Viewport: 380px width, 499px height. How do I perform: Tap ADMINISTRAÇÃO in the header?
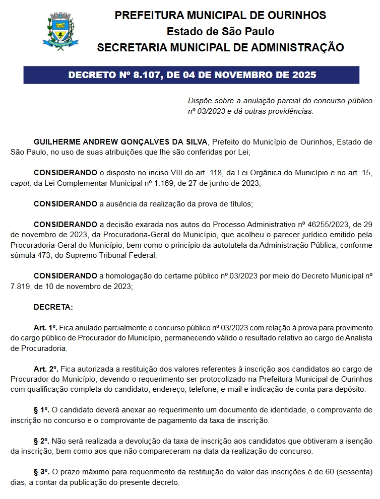click(290, 48)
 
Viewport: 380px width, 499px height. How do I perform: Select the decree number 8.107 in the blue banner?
click(150, 76)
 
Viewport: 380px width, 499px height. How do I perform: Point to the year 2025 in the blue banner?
click(304, 76)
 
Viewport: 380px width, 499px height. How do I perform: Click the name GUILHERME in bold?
click(58, 142)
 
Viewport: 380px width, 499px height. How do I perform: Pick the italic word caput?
click(20, 184)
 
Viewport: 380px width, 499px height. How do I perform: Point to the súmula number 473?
click(42, 255)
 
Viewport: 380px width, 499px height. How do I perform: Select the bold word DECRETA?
click(53, 307)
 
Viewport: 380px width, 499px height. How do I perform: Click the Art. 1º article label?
click(46, 328)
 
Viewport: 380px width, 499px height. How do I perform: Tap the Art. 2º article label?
click(46, 369)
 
